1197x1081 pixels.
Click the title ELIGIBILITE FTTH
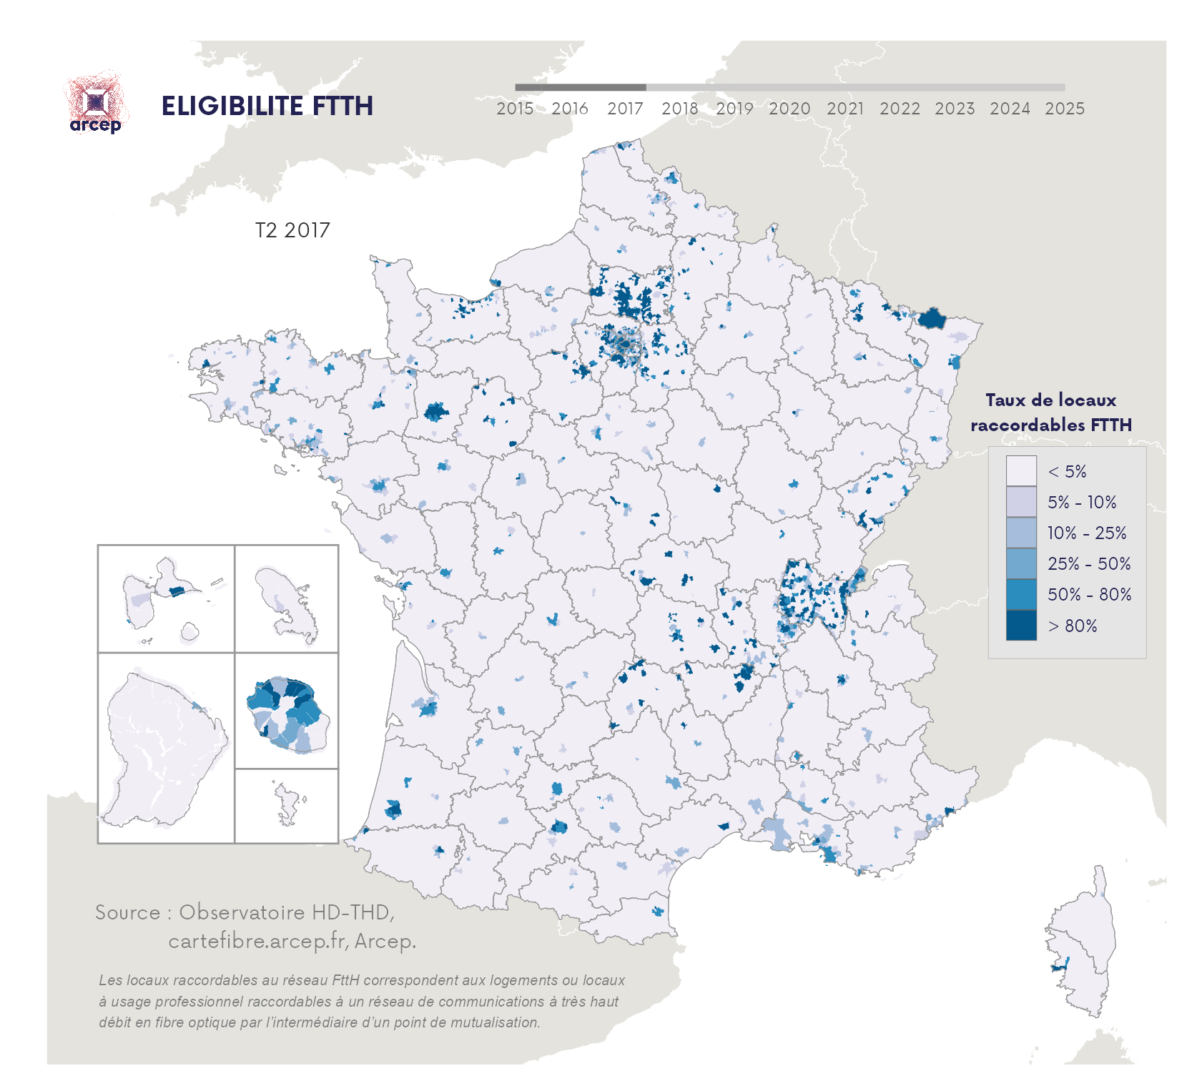pyautogui.click(x=267, y=106)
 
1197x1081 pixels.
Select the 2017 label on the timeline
pyautogui.click(x=625, y=109)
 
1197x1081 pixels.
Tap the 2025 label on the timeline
pyautogui.click(x=1064, y=109)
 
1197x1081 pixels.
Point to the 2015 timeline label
pyautogui.click(x=515, y=109)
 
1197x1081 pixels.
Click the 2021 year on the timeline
pyautogui.click(x=844, y=109)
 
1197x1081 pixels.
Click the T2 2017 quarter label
pyautogui.click(x=292, y=230)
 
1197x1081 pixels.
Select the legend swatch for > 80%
pyautogui.click(x=1020, y=625)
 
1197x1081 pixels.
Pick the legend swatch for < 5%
pyautogui.click(x=1020, y=471)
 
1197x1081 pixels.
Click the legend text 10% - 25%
pyautogui.click(x=1086, y=533)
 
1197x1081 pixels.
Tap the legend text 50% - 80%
pyautogui.click(x=1089, y=595)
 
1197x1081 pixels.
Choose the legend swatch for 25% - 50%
pyautogui.click(x=1020, y=563)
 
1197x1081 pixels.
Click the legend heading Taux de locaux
pyautogui.click(x=1050, y=400)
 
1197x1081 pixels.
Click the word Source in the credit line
pyautogui.click(x=127, y=913)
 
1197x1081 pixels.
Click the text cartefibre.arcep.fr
pyautogui.click(x=258, y=941)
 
